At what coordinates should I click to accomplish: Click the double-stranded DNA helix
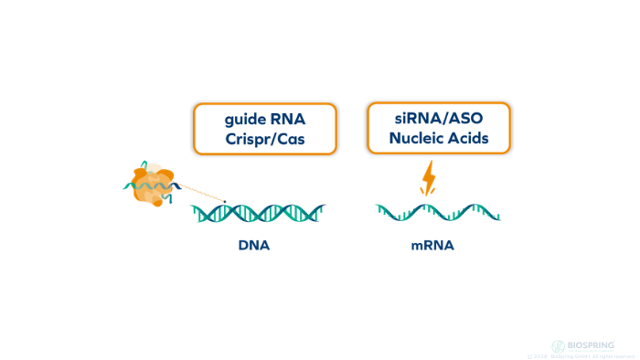click(258, 214)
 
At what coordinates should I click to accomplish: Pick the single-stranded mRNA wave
click(438, 214)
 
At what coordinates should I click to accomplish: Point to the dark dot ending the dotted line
click(225, 200)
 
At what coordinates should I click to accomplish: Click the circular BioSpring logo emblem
click(558, 346)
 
